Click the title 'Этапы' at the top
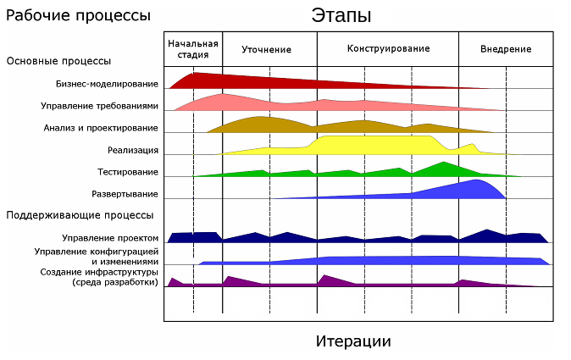point(341,15)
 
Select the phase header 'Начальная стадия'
point(193,48)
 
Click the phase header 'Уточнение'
point(266,49)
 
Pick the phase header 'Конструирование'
point(388,48)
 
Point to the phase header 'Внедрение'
point(506,49)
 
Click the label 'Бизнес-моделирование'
point(107,84)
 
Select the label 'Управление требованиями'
point(99,106)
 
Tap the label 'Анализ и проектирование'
point(101,128)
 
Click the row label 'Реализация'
point(133,150)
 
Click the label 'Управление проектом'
point(110,237)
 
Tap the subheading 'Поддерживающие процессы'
point(80,215)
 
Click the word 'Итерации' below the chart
point(353,341)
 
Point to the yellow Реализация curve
point(373,145)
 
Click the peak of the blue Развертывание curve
point(479,181)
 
